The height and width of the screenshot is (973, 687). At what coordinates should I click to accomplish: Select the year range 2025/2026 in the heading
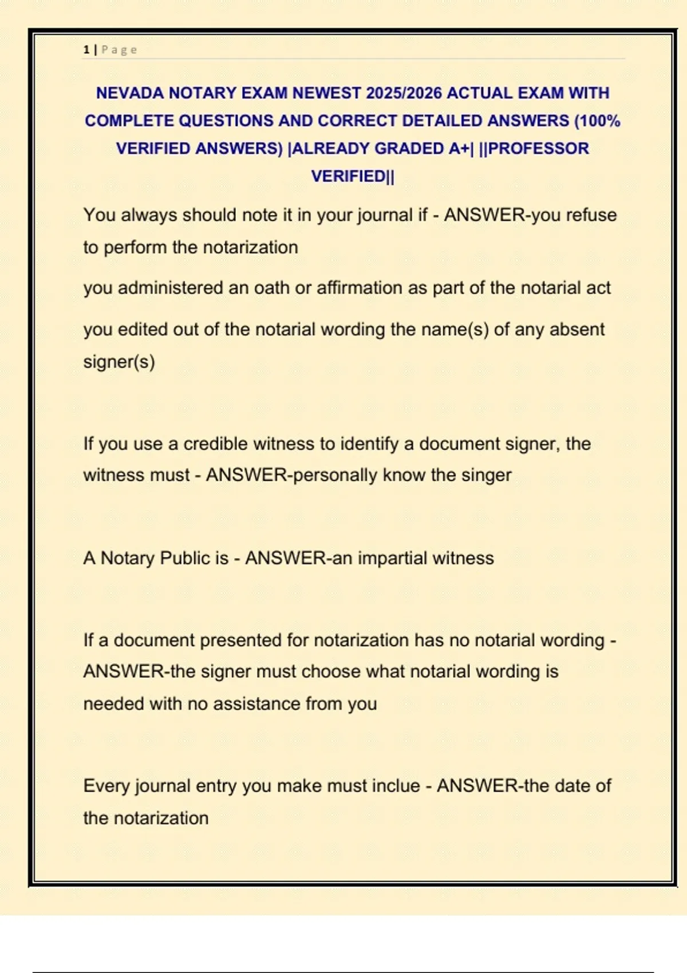pos(404,93)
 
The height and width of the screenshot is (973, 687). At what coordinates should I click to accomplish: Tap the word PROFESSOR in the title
pos(538,148)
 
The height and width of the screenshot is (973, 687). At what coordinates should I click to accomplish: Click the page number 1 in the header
pos(86,50)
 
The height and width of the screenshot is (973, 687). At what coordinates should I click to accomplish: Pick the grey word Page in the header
pos(119,50)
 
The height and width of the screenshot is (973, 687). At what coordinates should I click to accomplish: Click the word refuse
pos(591,215)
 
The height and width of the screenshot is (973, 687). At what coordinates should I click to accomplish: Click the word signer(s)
pos(119,362)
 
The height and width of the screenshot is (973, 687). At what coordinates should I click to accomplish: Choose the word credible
pos(216,444)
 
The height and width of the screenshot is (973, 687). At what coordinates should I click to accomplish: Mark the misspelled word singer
pos(486,475)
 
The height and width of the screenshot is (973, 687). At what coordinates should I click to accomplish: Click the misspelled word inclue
pos(396,786)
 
